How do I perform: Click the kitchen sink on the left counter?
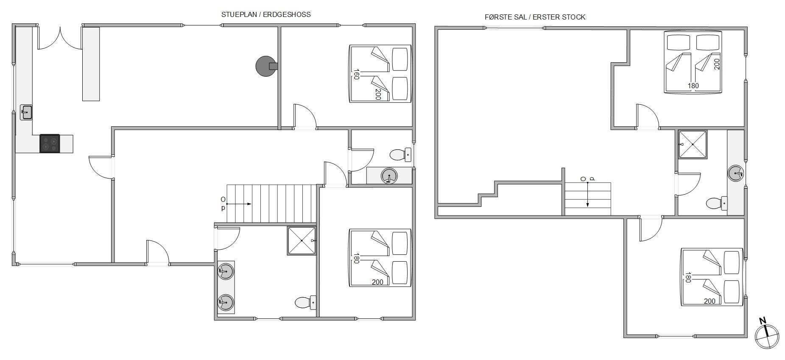point(26,112)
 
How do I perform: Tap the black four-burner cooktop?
point(50,143)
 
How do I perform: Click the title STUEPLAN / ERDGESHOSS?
point(266,14)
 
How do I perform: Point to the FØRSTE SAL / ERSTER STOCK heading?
point(535,17)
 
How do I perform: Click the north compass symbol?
point(767,336)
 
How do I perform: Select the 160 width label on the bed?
point(356,74)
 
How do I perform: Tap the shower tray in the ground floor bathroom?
point(302,241)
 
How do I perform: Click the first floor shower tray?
point(693,144)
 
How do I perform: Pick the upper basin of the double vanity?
point(226,271)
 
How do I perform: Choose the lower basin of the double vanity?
point(226,303)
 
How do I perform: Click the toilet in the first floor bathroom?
point(717,204)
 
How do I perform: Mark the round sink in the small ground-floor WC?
point(389,176)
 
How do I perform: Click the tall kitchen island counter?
point(91,64)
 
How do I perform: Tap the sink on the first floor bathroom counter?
point(736,173)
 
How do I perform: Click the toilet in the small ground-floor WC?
point(400,155)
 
